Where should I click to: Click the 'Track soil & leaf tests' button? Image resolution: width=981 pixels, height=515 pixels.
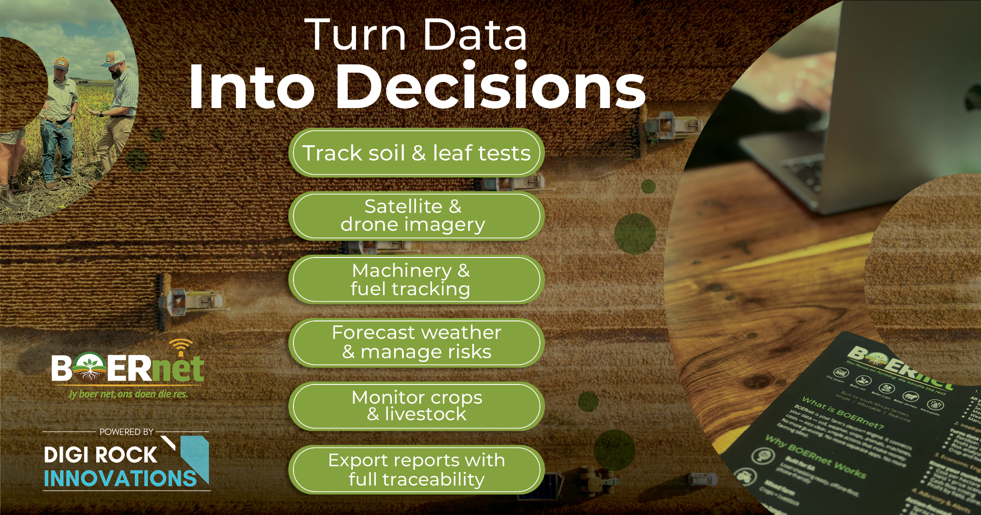click(x=416, y=153)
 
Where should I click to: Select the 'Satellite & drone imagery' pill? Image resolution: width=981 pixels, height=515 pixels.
click(x=416, y=216)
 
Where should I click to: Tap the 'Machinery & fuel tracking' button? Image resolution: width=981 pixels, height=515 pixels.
click(x=416, y=280)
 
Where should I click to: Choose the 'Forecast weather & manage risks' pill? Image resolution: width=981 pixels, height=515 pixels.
click(x=416, y=343)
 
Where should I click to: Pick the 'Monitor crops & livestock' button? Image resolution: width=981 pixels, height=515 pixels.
click(x=416, y=406)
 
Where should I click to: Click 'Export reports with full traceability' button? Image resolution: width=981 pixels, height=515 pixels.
click(x=416, y=469)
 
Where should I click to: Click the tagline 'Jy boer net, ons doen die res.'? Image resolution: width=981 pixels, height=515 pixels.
click(x=128, y=394)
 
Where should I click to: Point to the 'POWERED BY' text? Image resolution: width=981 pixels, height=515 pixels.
click(x=126, y=432)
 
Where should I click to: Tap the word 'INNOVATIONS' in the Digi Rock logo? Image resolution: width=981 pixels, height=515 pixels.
click(x=120, y=479)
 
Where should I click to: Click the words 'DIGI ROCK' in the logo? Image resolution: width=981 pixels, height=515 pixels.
click(x=100, y=455)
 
